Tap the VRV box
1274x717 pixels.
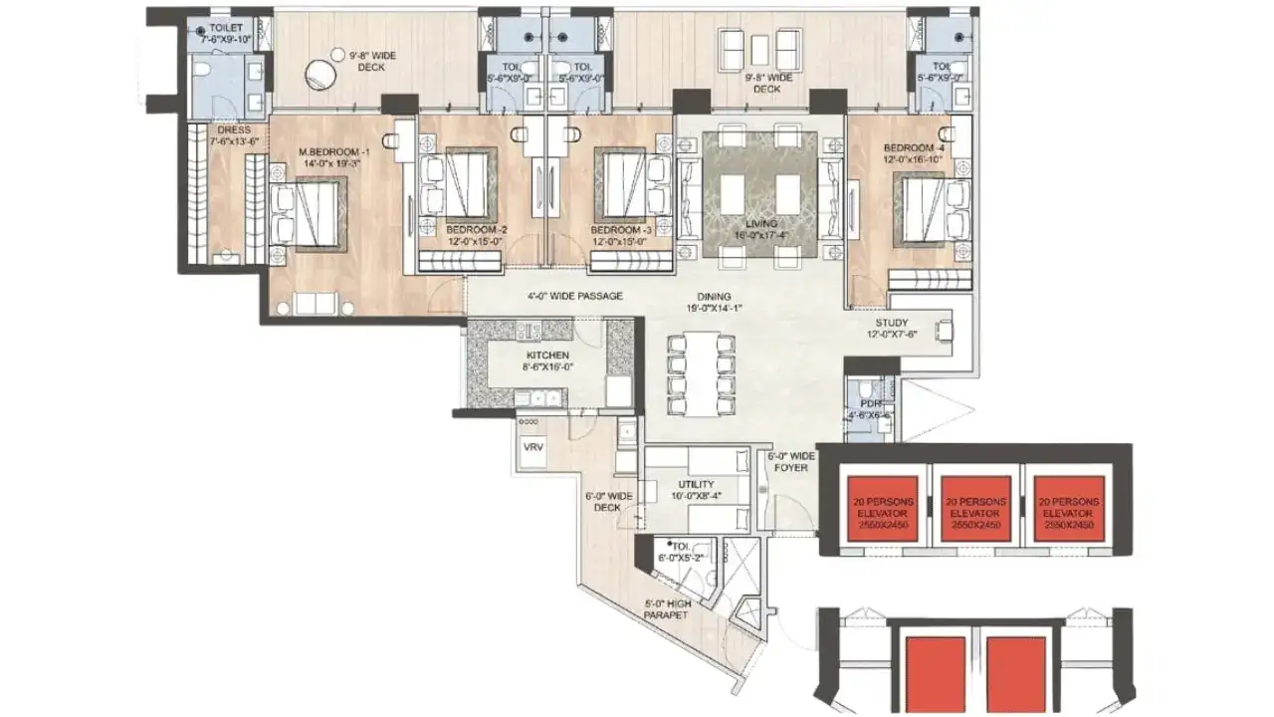click(533, 448)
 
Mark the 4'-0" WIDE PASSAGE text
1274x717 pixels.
click(574, 296)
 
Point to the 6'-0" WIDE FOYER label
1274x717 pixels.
click(791, 461)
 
